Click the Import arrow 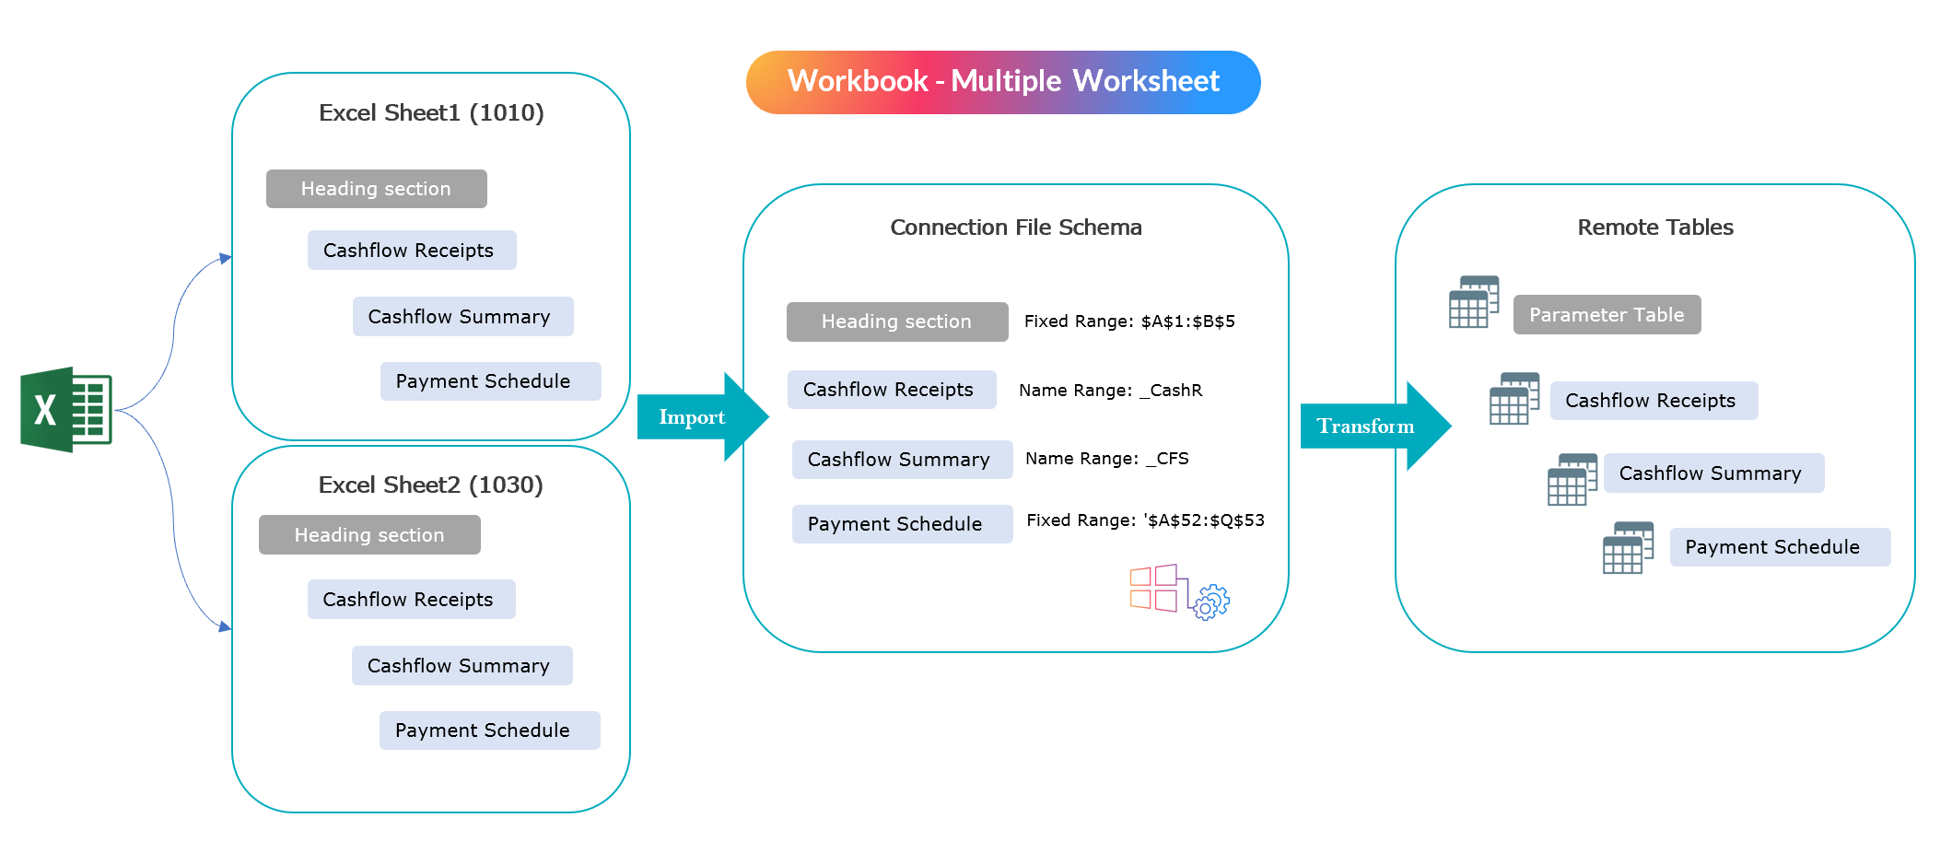pos(700,417)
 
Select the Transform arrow pos(1373,426)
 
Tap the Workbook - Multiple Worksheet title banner pos(1002,82)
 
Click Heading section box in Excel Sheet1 pos(376,189)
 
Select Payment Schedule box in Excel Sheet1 pos(490,381)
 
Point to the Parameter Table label pos(1607,315)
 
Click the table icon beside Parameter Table pos(1473,302)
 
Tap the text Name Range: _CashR pos(1110,391)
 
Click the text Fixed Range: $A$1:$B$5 pos(1129,321)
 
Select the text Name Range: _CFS pos(1106,459)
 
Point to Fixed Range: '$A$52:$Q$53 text pos(1145,520)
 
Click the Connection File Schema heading pos(1015,228)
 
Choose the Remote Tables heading pos(1654,228)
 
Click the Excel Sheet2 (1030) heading pos(430,485)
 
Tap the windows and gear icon pos(1179,591)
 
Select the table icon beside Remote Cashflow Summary pos(1572,479)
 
